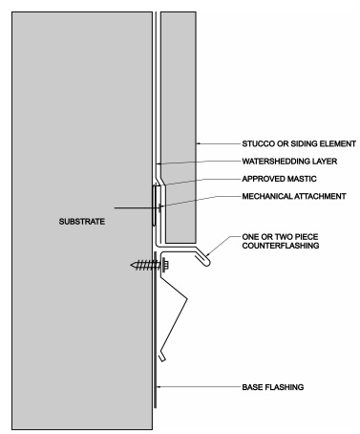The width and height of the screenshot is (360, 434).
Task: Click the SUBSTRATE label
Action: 82,222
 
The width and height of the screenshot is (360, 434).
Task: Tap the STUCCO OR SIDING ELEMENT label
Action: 299,143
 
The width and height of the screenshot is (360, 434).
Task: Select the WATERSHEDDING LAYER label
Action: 289,162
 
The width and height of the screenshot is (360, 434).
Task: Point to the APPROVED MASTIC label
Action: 279,179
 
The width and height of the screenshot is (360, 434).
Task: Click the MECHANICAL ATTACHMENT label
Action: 294,196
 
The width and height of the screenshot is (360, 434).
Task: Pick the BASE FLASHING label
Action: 273,387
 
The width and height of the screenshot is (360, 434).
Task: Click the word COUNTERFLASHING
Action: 281,246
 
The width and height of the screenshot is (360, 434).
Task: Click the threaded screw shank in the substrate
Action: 144,265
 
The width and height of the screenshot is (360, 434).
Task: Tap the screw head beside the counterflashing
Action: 165,265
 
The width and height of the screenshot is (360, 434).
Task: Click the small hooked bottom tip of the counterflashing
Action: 162,357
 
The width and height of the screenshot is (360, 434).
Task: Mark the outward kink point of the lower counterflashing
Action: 186,298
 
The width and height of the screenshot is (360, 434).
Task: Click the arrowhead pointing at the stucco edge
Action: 198,143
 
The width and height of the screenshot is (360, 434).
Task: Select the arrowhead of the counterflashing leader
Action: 207,254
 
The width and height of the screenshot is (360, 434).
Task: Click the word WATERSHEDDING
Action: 275,162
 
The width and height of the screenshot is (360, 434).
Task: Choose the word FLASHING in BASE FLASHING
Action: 284,387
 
